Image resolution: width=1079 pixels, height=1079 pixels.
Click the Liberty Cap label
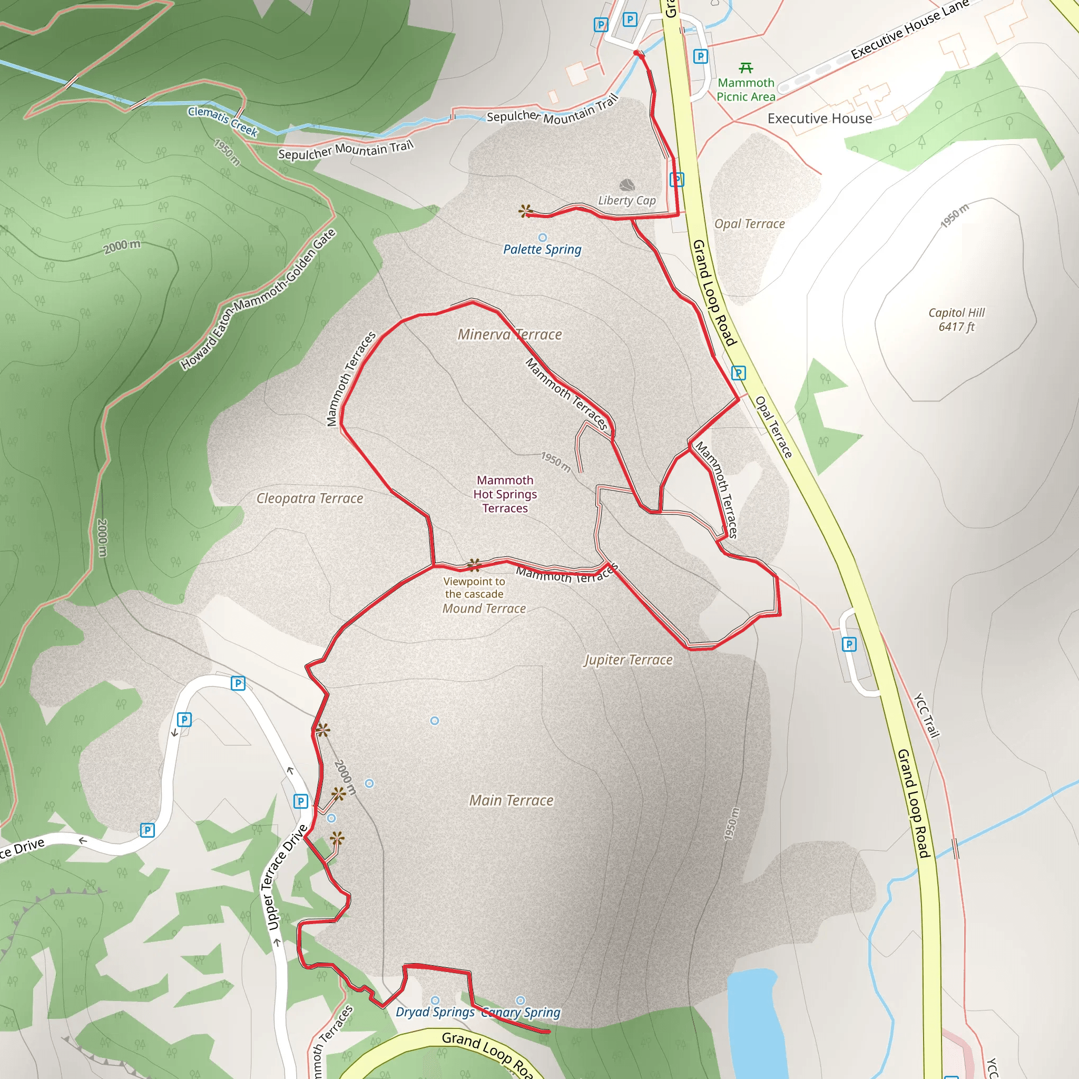coord(626,201)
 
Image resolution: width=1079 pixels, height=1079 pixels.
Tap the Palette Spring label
coord(542,249)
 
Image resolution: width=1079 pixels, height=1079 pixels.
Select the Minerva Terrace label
coord(509,335)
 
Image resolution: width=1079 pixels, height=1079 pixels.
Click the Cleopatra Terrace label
coord(309,498)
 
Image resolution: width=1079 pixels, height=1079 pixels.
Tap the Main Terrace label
coord(511,800)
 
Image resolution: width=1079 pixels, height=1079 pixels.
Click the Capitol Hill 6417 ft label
coord(956,319)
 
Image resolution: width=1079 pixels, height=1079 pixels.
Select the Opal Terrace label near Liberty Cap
coord(749,224)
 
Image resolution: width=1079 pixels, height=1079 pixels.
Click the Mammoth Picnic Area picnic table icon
coord(746,68)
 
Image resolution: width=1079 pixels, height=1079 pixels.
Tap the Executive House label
coord(819,119)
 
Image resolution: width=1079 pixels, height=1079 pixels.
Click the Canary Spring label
coord(521,1013)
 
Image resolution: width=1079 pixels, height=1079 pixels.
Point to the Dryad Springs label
coord(435,1012)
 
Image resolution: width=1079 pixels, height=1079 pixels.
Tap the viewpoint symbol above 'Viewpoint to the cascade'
coord(474,565)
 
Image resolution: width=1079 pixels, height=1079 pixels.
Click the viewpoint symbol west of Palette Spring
coord(525,211)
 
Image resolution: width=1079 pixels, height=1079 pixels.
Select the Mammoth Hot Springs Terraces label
coord(505,494)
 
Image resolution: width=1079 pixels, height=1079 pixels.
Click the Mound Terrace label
coord(484,609)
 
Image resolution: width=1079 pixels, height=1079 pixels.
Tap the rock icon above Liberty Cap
coord(627,185)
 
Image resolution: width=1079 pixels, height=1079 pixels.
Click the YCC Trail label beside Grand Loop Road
coord(927,715)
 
